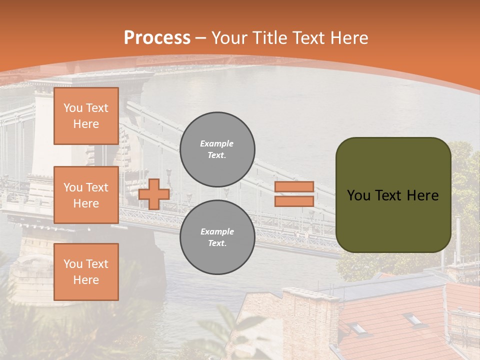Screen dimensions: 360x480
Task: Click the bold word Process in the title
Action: coord(157,38)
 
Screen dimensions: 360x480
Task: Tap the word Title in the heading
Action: coord(268,38)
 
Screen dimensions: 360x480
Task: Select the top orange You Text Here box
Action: coord(86,116)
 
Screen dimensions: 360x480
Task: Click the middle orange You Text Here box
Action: coord(86,195)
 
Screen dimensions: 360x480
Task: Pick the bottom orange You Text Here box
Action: coord(86,271)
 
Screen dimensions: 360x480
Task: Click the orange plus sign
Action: coord(154,193)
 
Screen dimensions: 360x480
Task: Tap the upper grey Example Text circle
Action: coord(217,149)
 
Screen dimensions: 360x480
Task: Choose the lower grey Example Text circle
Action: coord(217,237)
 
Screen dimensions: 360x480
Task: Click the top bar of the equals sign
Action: coord(294,186)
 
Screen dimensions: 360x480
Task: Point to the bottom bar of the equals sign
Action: coord(294,201)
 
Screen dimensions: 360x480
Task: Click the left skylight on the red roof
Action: coord(357,328)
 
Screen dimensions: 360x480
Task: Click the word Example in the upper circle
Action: coord(217,143)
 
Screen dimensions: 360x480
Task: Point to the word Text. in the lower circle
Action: coord(217,243)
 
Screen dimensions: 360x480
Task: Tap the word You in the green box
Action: coord(358,195)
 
